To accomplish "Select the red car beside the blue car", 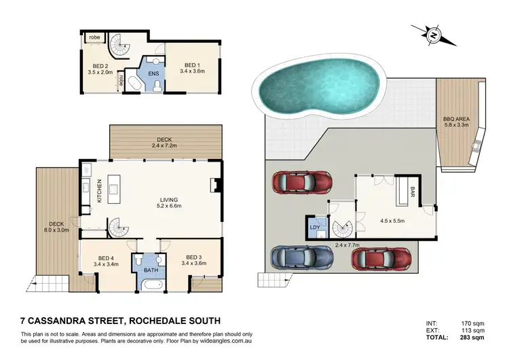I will coord(381,259).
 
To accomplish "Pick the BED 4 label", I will coord(105,259).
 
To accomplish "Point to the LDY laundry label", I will coord(315,228).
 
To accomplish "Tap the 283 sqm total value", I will coord(472,337).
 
